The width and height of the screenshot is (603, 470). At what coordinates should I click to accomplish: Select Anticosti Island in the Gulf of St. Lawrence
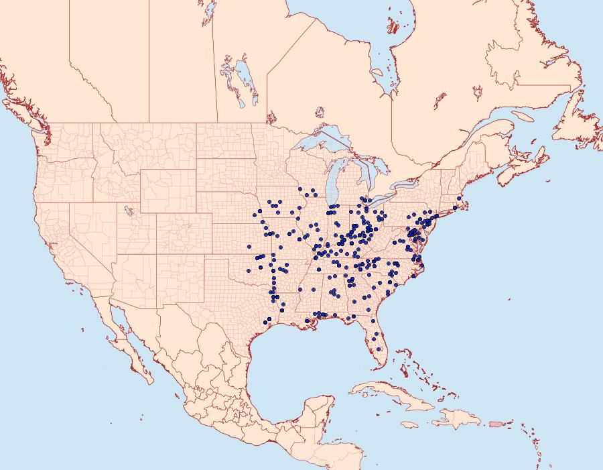527,116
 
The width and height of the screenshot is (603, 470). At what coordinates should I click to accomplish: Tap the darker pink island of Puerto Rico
496,423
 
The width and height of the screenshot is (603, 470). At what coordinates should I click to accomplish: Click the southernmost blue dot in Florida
380,349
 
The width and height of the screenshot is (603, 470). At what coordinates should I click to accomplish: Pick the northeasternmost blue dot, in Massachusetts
459,198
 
